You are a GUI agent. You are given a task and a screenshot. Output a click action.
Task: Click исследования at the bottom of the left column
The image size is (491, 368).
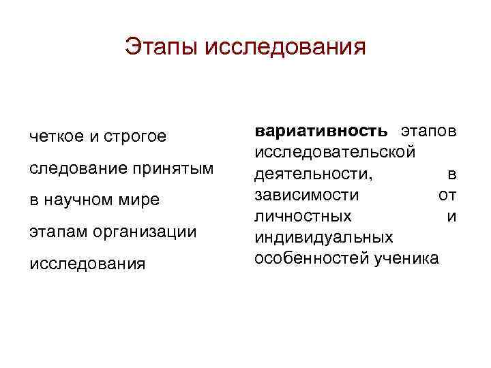tap(87, 264)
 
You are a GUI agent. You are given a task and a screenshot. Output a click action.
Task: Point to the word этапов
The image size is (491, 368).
tap(428, 130)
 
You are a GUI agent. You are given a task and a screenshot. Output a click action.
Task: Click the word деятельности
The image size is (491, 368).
tap(313, 173)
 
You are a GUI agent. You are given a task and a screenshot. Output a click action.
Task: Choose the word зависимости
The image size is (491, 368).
tap(306, 195)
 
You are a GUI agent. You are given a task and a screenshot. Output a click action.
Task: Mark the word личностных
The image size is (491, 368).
tap(303, 216)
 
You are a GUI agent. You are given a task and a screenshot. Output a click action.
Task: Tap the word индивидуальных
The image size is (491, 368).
tap(323, 238)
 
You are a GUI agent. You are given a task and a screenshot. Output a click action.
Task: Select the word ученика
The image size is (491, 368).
tap(407, 259)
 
